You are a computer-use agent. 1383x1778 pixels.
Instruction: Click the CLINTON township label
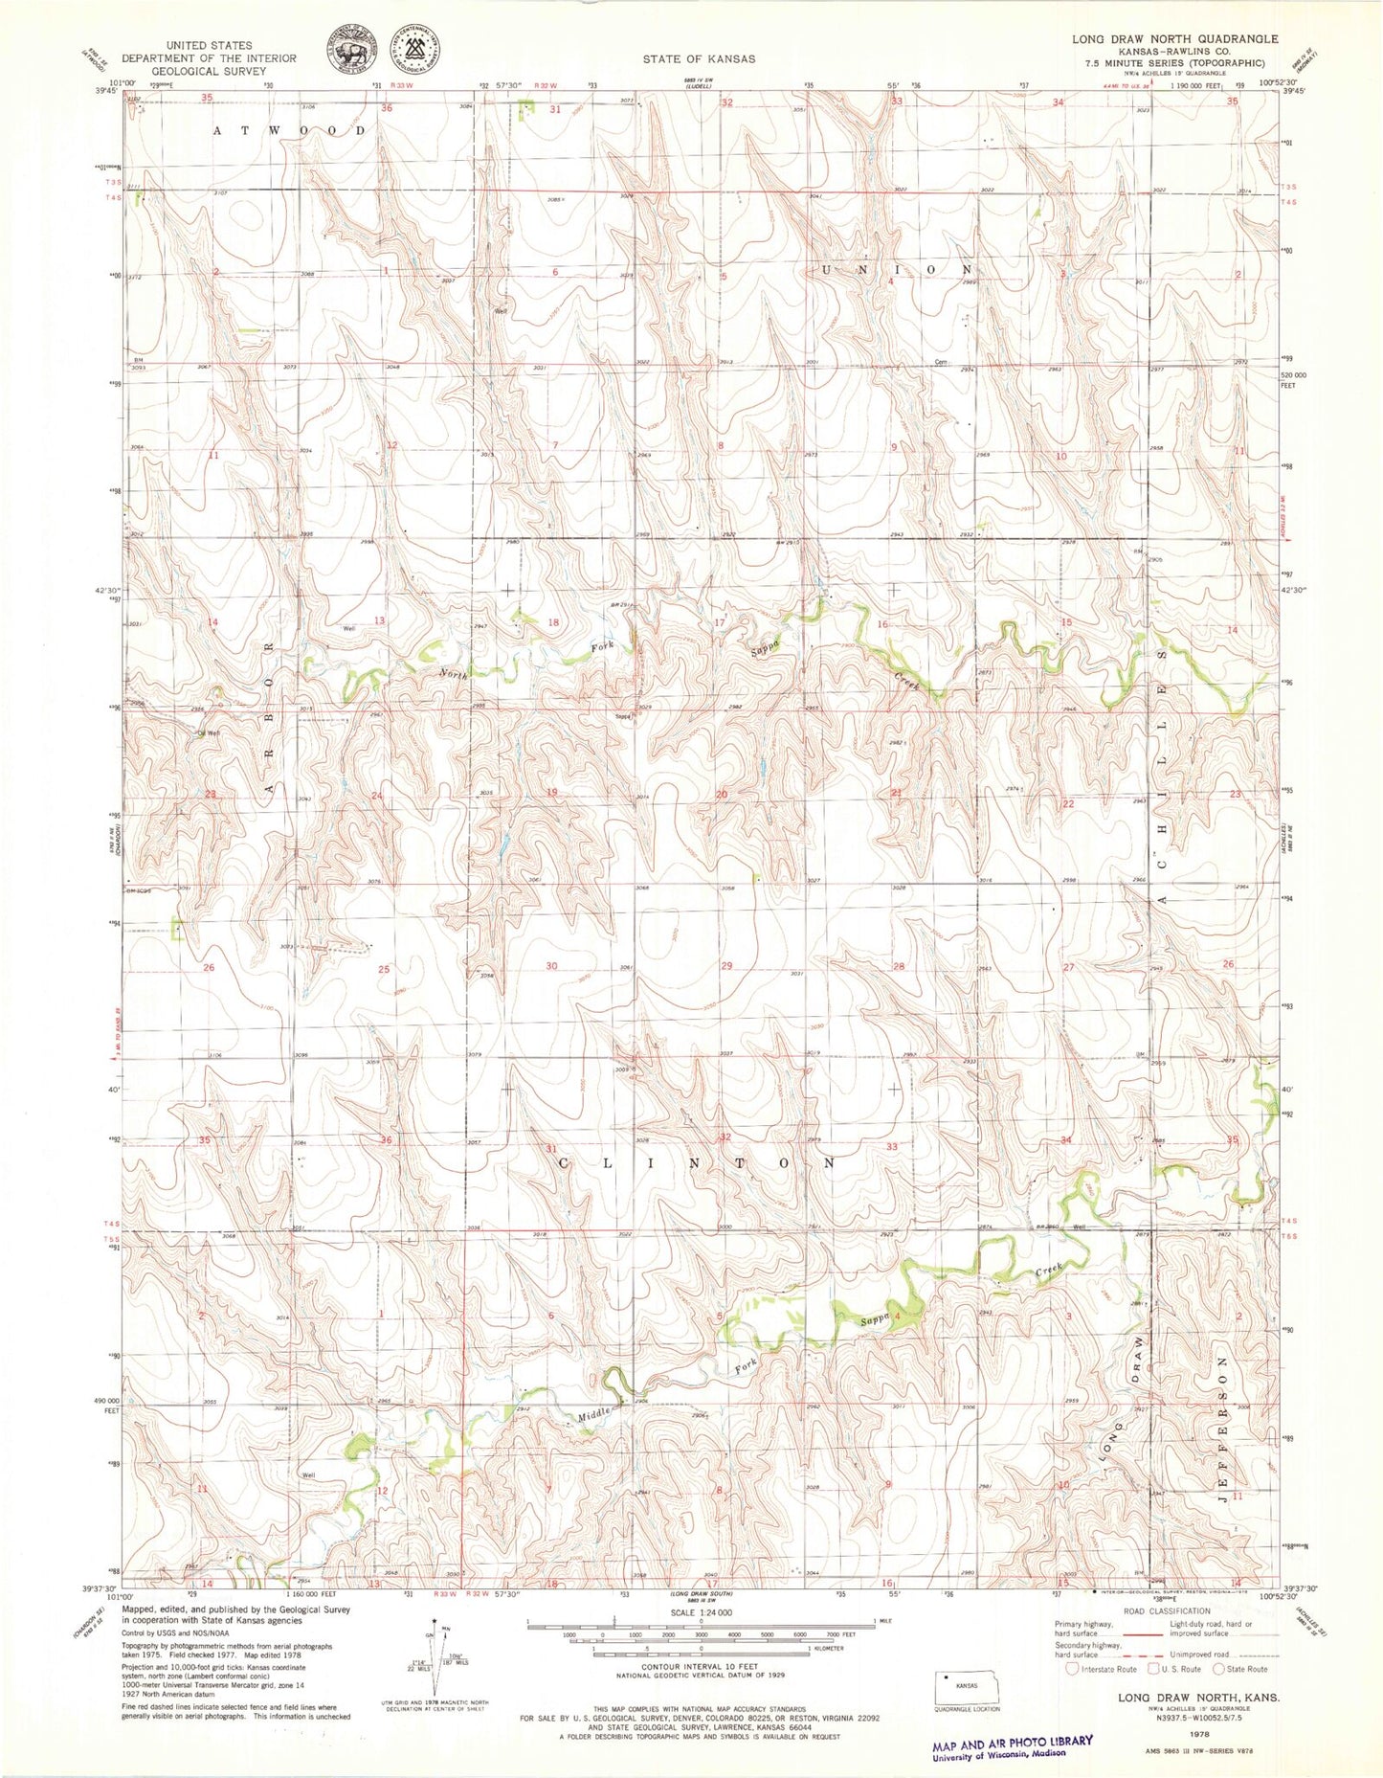pyautogui.click(x=696, y=1162)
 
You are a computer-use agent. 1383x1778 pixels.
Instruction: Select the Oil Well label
pyautogui.click(x=208, y=733)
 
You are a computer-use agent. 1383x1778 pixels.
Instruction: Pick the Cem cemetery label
pyautogui.click(x=941, y=362)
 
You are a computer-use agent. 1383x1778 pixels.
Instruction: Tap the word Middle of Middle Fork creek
pyautogui.click(x=593, y=1415)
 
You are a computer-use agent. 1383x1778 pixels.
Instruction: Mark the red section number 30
pyautogui.click(x=551, y=966)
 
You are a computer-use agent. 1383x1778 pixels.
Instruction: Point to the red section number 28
pyautogui.click(x=898, y=967)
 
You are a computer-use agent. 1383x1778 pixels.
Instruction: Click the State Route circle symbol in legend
pyautogui.click(x=1218, y=1669)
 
